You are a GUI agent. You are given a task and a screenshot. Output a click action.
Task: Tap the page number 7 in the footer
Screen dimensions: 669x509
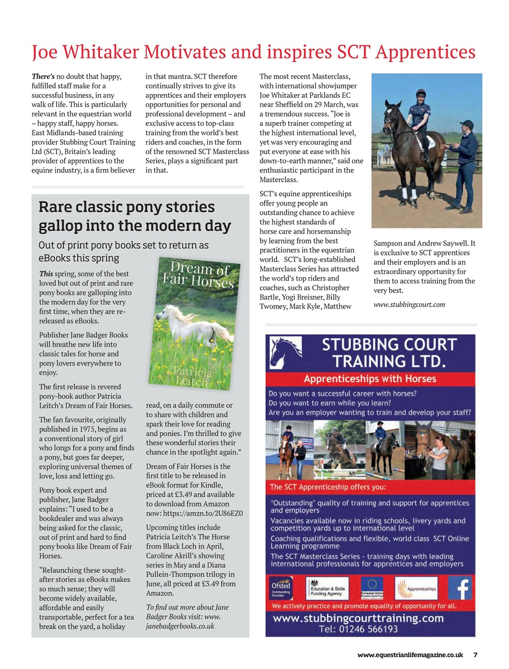[475, 654]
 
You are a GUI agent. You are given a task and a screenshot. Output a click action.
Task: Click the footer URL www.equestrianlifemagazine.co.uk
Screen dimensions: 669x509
[410, 654]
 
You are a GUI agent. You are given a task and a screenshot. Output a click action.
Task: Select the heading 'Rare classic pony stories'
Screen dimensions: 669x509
[126, 207]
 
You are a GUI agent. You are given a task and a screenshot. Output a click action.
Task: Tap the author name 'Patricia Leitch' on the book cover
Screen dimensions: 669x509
[192, 376]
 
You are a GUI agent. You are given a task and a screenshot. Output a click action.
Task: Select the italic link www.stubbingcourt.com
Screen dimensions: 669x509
[409, 305]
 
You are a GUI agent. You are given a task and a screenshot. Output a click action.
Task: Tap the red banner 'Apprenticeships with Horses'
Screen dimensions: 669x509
[370, 378]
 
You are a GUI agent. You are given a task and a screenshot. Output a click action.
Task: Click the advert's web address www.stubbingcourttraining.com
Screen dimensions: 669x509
[358, 618]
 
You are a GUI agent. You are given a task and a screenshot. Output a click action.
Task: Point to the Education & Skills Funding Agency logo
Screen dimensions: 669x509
[327, 589]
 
